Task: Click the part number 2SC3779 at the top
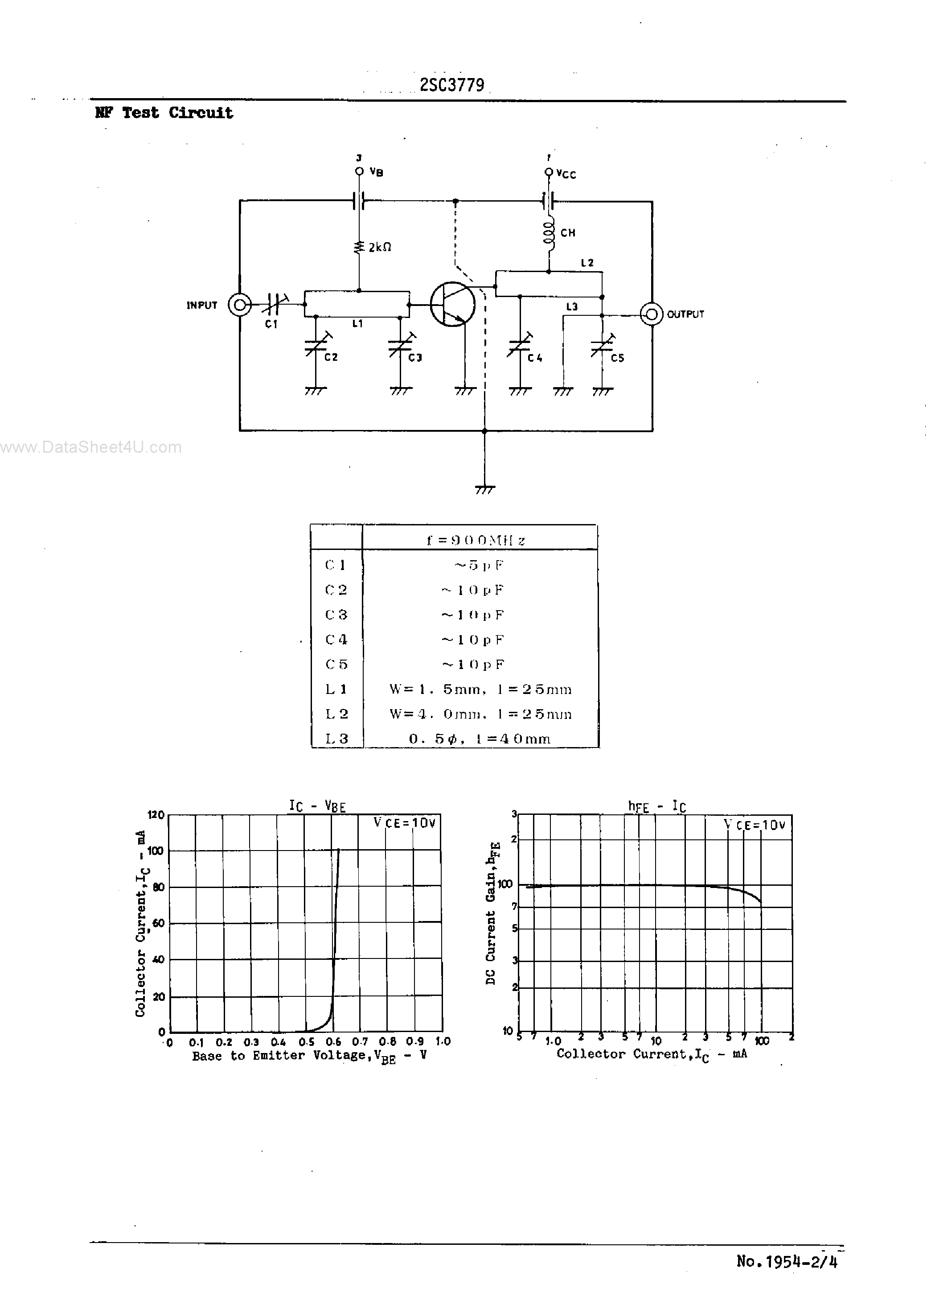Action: click(x=451, y=85)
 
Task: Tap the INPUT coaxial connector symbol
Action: click(x=240, y=306)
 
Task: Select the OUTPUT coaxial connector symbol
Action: click(x=651, y=314)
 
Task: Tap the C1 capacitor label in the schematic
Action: click(x=271, y=324)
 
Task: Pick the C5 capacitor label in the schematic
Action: click(x=617, y=358)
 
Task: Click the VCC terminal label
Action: click(x=566, y=174)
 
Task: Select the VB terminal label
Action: click(x=376, y=172)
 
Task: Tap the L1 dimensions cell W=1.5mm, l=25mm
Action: click(x=480, y=690)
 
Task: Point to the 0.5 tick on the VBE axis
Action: click(x=307, y=1042)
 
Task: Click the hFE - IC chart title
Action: click(x=656, y=806)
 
